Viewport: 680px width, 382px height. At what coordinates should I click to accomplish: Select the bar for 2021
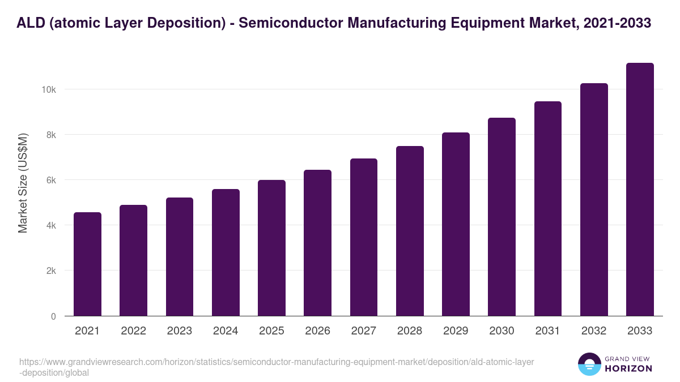pyautogui.click(x=87, y=264)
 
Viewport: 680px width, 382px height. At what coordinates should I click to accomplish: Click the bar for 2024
pyautogui.click(x=226, y=252)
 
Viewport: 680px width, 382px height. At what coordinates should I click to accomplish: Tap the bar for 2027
pyautogui.click(x=364, y=237)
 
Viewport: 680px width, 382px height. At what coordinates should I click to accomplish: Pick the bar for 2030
pyautogui.click(x=502, y=217)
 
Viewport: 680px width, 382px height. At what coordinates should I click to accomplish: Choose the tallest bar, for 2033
pyautogui.click(x=640, y=190)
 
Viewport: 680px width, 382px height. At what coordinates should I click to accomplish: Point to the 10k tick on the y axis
pyautogui.click(x=48, y=89)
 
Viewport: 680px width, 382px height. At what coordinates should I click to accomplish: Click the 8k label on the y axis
pyautogui.click(x=49, y=135)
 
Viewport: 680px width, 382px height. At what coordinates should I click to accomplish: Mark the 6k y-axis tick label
pyautogui.click(x=49, y=180)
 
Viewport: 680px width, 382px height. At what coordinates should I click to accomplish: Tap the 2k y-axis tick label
pyautogui.click(x=49, y=271)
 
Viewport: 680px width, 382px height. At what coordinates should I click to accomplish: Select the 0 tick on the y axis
pyautogui.click(x=53, y=316)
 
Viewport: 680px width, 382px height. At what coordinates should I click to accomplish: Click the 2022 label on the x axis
pyautogui.click(x=133, y=331)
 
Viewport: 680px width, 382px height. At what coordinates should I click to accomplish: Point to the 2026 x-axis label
pyautogui.click(x=317, y=331)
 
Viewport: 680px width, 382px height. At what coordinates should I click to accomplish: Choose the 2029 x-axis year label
pyautogui.click(x=456, y=331)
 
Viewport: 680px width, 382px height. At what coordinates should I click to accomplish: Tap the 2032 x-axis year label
pyautogui.click(x=594, y=331)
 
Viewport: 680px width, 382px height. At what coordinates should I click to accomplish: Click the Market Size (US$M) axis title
pyautogui.click(x=23, y=182)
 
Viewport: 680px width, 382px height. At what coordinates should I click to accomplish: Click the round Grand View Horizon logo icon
pyautogui.click(x=589, y=364)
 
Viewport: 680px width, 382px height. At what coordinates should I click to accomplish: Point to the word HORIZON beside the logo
pyautogui.click(x=628, y=368)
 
